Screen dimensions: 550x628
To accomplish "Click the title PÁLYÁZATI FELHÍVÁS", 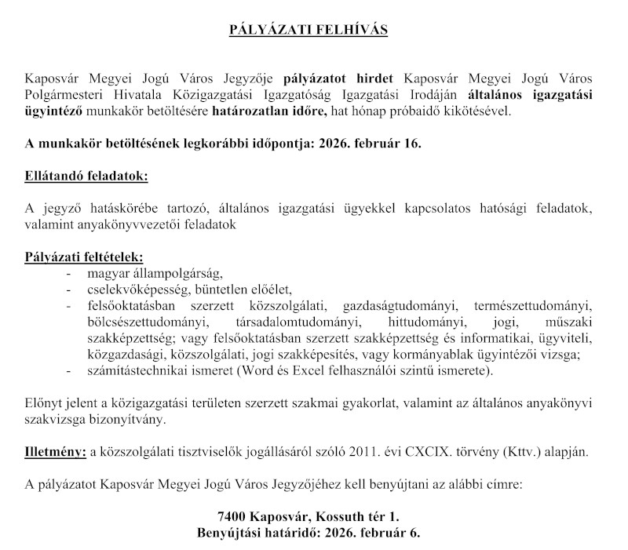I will [314, 31].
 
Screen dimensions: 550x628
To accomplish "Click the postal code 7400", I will [232, 515].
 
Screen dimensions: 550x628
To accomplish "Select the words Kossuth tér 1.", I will [361, 515].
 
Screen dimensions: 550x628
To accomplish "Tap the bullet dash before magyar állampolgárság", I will [71, 273].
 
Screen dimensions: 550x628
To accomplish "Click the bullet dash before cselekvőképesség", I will [71, 289].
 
